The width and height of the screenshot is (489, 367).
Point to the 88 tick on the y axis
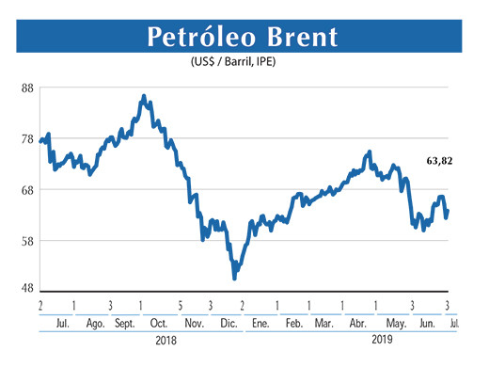click(x=27, y=88)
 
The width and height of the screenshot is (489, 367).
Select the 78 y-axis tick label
click(x=27, y=139)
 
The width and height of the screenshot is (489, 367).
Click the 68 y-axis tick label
click(x=27, y=190)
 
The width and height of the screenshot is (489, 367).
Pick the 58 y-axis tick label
click(x=27, y=241)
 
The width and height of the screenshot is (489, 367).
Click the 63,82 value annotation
click(x=439, y=162)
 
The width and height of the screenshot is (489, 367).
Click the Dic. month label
click(x=228, y=323)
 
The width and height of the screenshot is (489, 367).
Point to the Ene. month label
click(x=260, y=323)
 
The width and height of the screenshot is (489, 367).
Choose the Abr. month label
click(x=357, y=323)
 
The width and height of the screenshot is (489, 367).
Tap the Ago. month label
click(x=94, y=323)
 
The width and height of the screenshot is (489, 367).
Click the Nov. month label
click(x=194, y=323)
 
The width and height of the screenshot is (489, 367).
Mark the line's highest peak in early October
click(x=143, y=96)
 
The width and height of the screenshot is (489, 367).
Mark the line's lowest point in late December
click(x=234, y=279)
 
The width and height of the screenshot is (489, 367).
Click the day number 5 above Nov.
click(x=180, y=307)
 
